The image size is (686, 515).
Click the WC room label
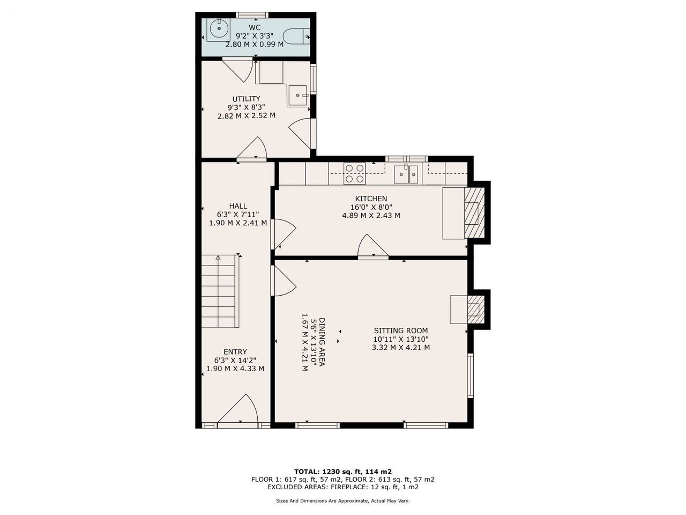tap(255, 27)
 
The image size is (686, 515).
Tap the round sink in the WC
tap(219, 29)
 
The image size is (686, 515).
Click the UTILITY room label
tap(247, 99)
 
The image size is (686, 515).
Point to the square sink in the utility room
tap(298, 95)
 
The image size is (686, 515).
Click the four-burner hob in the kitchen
tap(355, 173)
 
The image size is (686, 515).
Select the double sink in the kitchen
tap(406, 174)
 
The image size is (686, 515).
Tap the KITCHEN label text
tap(371, 198)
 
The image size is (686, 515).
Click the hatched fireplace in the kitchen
tap(474, 212)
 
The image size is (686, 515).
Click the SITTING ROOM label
tap(401, 330)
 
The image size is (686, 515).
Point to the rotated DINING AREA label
tap(322, 342)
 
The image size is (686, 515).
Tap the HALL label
tap(238, 206)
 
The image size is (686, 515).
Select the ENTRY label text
tap(235, 352)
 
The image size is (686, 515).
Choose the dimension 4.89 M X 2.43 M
tap(371, 216)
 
